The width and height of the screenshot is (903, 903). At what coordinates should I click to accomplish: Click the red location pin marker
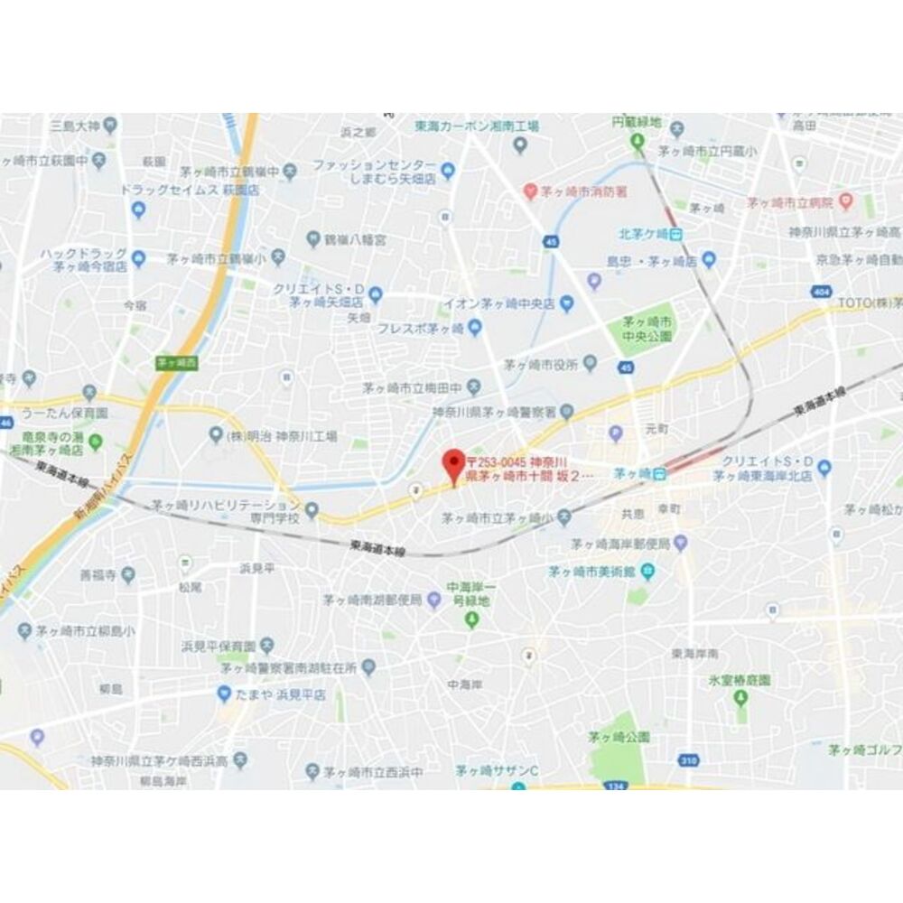[x=453, y=464]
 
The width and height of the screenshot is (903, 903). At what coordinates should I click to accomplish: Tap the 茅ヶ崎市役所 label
[x=540, y=365]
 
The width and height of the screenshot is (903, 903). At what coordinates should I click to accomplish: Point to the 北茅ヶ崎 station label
[x=645, y=234]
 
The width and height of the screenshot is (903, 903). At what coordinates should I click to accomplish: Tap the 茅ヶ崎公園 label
[x=619, y=737]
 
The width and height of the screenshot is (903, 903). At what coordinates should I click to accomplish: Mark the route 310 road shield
[x=689, y=760]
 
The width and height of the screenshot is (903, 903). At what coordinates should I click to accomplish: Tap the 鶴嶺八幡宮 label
[x=355, y=239]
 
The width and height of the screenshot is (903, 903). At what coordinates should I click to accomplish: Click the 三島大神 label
[x=76, y=124]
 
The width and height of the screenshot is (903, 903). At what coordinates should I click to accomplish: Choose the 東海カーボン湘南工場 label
[x=477, y=126]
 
